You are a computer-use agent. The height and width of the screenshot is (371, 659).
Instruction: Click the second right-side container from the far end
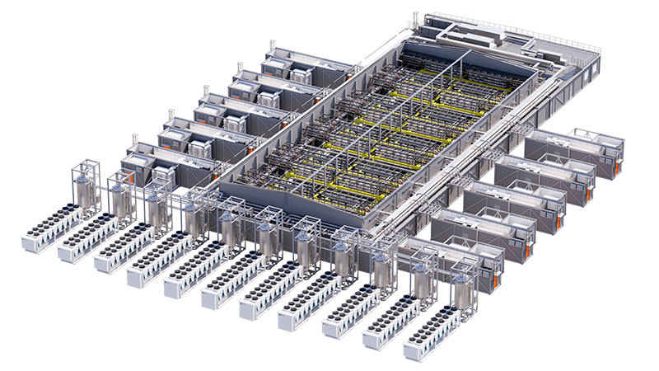point(544,177)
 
